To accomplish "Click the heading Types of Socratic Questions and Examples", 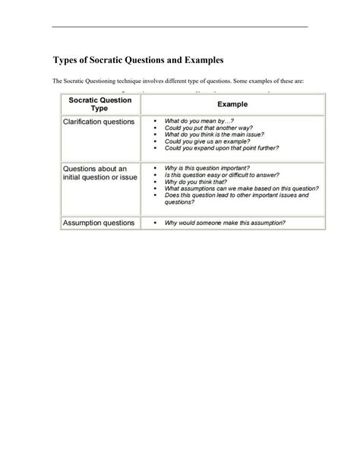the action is click(137, 59).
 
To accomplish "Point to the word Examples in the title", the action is click(199, 59).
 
